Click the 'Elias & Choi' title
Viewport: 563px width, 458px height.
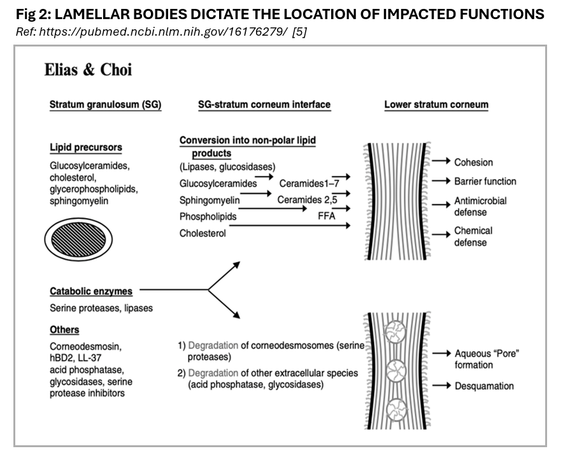click(x=88, y=70)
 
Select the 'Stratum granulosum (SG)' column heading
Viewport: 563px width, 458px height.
click(x=105, y=105)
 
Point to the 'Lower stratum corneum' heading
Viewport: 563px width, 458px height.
click(x=436, y=105)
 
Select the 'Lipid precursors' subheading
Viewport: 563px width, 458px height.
click(x=86, y=148)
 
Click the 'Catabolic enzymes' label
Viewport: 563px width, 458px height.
click(x=91, y=291)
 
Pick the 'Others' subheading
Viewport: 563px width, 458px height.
click(x=64, y=329)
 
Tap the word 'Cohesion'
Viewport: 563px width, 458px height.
click(x=473, y=162)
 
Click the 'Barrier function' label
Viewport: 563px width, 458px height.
click(x=485, y=182)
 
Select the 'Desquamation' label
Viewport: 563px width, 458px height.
click(x=483, y=386)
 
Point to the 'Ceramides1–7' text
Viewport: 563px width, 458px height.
click(x=304, y=184)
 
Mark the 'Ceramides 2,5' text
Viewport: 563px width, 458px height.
click(x=306, y=200)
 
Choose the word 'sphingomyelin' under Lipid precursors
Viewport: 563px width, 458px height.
click(x=79, y=201)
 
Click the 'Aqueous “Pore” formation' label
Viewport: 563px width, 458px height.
click(x=486, y=359)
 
